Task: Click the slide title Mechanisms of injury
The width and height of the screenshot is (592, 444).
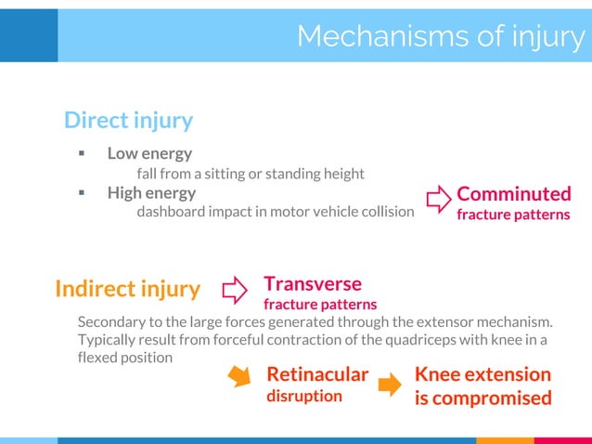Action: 441,35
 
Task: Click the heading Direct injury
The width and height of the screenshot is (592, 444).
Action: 128,120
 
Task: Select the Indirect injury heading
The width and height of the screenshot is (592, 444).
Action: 127,289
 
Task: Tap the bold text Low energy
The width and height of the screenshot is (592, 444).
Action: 149,153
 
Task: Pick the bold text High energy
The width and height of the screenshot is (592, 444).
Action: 151,193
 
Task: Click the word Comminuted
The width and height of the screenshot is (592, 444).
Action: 513,194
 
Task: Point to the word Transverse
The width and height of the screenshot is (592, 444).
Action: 313,283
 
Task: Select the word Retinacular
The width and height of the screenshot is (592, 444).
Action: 317,374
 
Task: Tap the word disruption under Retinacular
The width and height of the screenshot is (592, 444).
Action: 304,396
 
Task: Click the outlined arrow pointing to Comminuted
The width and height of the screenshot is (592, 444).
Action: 438,198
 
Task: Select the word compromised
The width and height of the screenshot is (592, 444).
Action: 492,398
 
